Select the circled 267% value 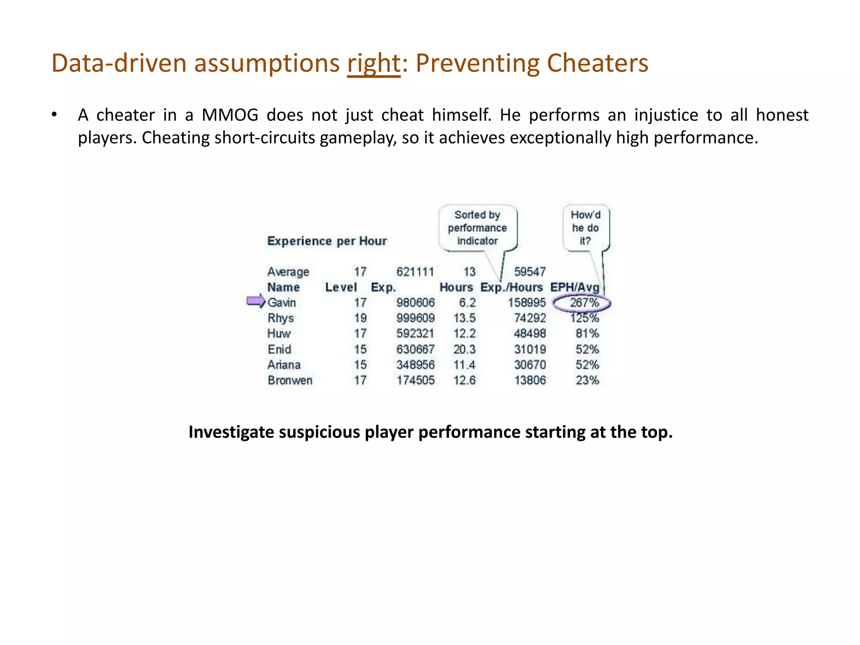tap(584, 303)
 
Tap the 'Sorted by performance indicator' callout tap(477, 228)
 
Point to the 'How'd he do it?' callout tap(586, 228)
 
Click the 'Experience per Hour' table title tap(327, 241)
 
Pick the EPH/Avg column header tap(575, 287)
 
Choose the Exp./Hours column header tap(511, 287)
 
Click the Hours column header tap(456, 287)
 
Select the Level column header tap(341, 287)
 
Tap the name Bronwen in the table tap(290, 380)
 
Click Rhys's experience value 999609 tap(415, 318)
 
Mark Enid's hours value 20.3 tap(464, 349)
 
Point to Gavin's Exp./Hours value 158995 tap(527, 303)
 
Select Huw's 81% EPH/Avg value tap(587, 334)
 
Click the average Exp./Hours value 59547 tap(530, 272)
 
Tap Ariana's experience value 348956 tap(415, 365)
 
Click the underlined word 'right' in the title tap(374, 64)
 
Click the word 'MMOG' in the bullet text tap(230, 115)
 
